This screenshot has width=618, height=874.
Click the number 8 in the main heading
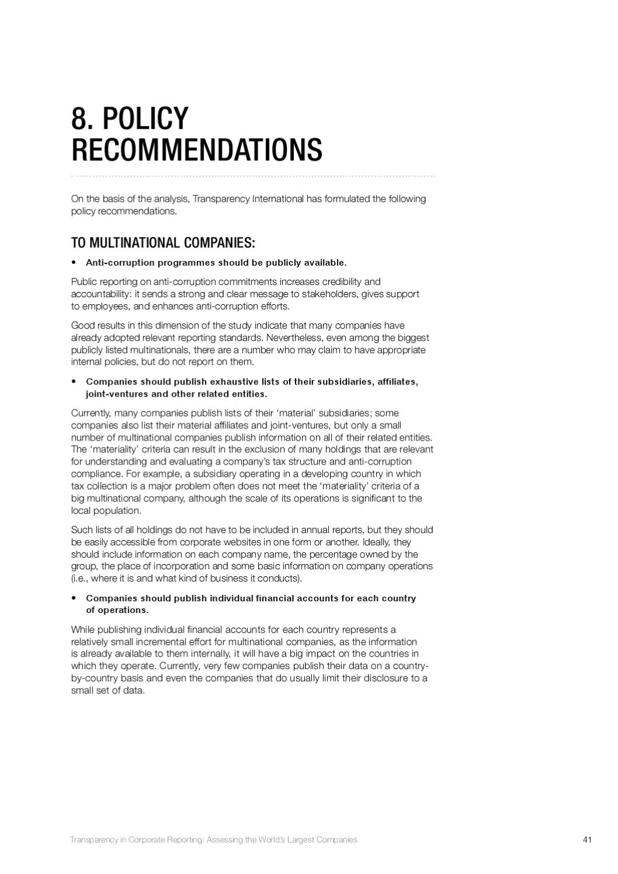[80, 119]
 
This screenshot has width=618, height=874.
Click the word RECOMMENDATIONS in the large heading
[196, 150]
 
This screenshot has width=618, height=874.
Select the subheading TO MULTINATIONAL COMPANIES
[163, 242]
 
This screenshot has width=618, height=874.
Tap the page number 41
[587, 840]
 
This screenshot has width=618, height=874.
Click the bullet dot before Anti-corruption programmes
[74, 263]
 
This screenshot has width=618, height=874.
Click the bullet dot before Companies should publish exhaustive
[74, 382]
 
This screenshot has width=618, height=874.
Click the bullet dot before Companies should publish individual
[74, 598]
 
